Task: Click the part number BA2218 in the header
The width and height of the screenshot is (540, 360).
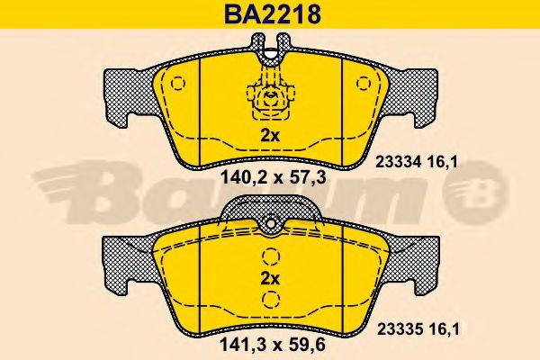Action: tap(269, 15)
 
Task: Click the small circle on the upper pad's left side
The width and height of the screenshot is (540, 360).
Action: tap(175, 83)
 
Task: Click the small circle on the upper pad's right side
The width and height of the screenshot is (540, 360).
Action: tap(363, 83)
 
